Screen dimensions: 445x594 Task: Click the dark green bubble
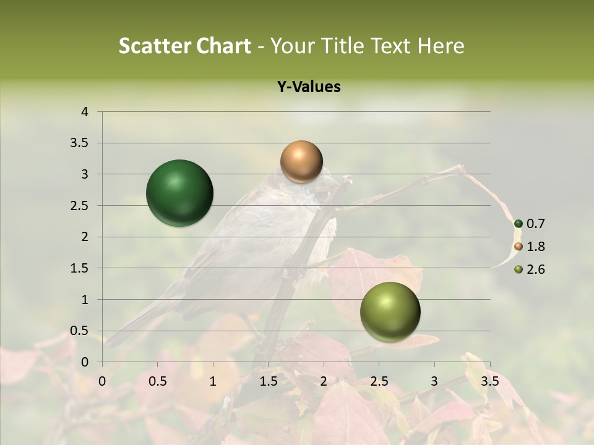pyautogui.click(x=180, y=193)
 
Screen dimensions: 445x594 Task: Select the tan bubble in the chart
pyautogui.click(x=301, y=161)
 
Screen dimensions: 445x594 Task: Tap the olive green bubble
pyautogui.click(x=390, y=311)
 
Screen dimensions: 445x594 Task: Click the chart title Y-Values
pyautogui.click(x=309, y=87)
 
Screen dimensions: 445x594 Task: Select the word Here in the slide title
pyautogui.click(x=440, y=46)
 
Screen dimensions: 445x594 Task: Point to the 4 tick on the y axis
pyautogui.click(x=85, y=112)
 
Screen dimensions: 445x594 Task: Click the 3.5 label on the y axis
pyautogui.click(x=80, y=143)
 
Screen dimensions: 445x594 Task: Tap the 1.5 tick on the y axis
pyautogui.click(x=80, y=268)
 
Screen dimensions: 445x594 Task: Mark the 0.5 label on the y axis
pyautogui.click(x=80, y=331)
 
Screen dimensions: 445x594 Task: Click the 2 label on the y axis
pyautogui.click(x=85, y=237)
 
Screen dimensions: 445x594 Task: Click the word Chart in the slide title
pyautogui.click(x=223, y=46)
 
